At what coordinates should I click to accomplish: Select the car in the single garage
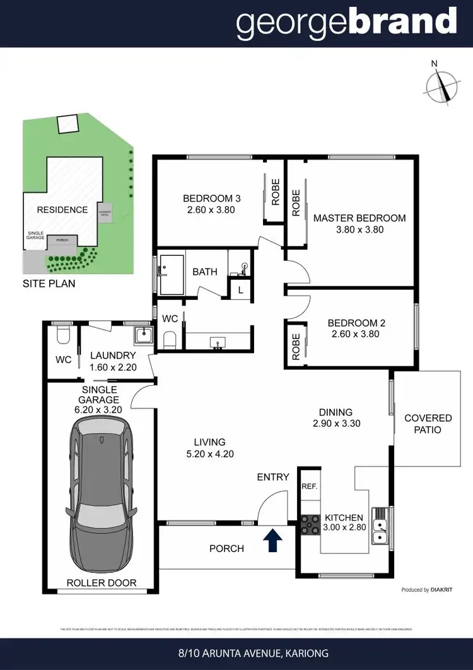pyautogui.click(x=102, y=491)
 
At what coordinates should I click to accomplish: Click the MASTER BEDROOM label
pyautogui.click(x=359, y=218)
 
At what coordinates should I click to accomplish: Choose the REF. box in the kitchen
pyautogui.click(x=309, y=487)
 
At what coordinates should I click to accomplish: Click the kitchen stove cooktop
pyautogui.click(x=310, y=523)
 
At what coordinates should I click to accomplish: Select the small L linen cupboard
pyautogui.click(x=240, y=290)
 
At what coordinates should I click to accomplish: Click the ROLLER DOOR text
pyautogui.click(x=102, y=583)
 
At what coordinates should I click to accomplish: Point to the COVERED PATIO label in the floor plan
pyautogui.click(x=428, y=424)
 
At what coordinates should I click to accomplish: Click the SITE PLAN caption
pyautogui.click(x=49, y=284)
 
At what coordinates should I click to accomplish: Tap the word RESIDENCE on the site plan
pyautogui.click(x=62, y=209)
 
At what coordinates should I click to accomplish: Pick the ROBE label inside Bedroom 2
pyautogui.click(x=296, y=345)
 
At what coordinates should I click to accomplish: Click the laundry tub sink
pyautogui.click(x=143, y=333)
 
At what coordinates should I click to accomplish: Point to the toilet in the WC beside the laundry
pyautogui.click(x=62, y=334)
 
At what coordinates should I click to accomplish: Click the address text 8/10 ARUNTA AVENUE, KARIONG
pyautogui.click(x=236, y=654)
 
